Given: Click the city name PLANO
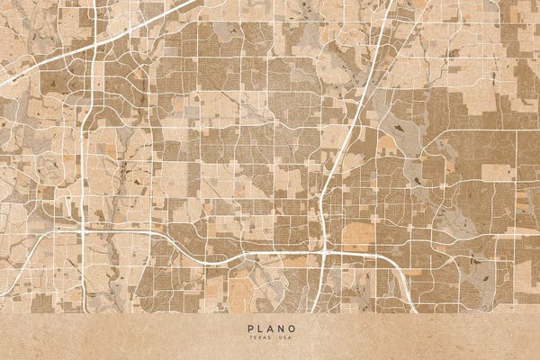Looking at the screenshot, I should [x=269, y=329].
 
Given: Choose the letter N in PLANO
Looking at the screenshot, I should [x=279, y=329].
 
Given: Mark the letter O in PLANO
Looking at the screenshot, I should [x=290, y=329].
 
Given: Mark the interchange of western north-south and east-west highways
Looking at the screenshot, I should [x=83, y=230].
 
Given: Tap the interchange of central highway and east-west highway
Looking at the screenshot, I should [x=323, y=251].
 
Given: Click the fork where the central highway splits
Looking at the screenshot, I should [x=324, y=216].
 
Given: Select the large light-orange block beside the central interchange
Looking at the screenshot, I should [x=357, y=235].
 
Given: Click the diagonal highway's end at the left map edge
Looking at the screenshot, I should [x=2, y=84].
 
